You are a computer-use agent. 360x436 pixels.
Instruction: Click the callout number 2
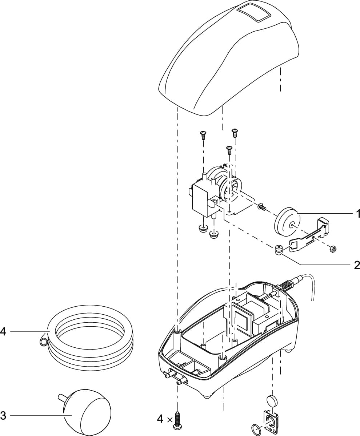(357, 265)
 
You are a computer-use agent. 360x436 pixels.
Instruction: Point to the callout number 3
(3, 415)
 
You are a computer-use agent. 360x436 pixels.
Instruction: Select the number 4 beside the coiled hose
(3, 331)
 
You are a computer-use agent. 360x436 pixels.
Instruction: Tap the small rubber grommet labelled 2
(279, 250)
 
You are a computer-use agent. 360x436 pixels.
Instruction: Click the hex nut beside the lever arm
(332, 249)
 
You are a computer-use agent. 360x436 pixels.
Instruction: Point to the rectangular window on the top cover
(254, 13)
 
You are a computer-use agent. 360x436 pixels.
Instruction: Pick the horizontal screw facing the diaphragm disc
(262, 207)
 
